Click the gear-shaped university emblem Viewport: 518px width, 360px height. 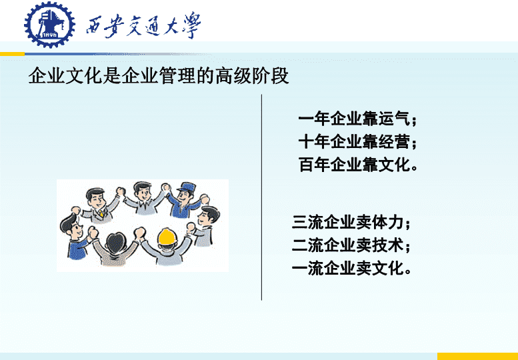pyautogui.click(x=49, y=25)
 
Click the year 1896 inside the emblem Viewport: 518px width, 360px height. pyautogui.click(x=51, y=35)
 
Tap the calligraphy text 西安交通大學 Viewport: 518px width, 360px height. pyautogui.click(x=143, y=26)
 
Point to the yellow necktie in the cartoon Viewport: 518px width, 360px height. pyautogui.click(x=101, y=213)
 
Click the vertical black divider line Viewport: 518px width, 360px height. pyautogui.click(x=261, y=197)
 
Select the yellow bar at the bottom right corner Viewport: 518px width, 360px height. pyautogui.click(x=477, y=357)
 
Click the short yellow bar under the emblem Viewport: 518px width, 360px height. pyautogui.click(x=12, y=54)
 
